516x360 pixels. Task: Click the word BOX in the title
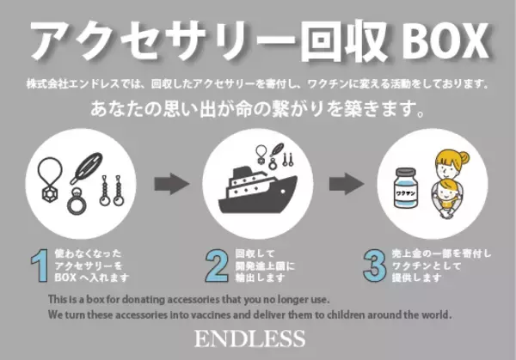pyautogui.click(x=439, y=39)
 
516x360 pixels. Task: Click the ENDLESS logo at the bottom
pyautogui.click(x=258, y=339)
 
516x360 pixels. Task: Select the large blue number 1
pyautogui.click(x=37, y=267)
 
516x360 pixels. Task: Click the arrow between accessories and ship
pyautogui.click(x=171, y=183)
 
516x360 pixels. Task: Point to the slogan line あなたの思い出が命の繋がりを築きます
pyautogui.click(x=257, y=111)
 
